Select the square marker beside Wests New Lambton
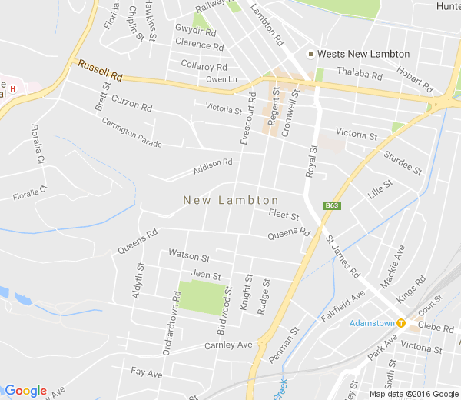pos(310,54)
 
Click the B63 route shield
pos(332,205)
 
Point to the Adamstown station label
pos(372,323)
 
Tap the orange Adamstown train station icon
pos(401,323)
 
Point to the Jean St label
pos(205,275)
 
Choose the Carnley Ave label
pos(228,345)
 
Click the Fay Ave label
pos(146,373)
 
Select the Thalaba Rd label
pos(360,75)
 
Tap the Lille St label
pos(380,190)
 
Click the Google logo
pos(25,391)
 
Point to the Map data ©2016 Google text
pos(413,394)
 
